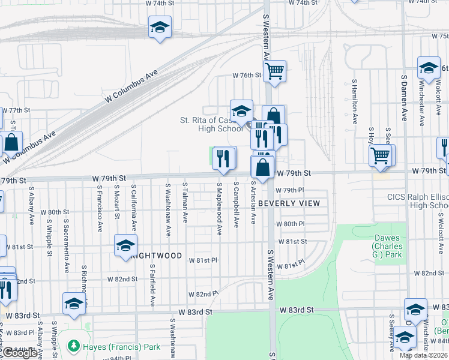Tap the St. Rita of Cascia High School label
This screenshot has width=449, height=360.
coord(212,124)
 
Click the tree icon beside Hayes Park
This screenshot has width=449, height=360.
coord(73,346)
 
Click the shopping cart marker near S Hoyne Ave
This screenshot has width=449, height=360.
coord(381,156)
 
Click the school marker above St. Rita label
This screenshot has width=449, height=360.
coord(241,111)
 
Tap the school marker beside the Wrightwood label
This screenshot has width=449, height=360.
coord(125,245)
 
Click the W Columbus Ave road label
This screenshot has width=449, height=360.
coord(134,86)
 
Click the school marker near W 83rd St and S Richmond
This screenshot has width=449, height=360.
coord(74,304)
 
